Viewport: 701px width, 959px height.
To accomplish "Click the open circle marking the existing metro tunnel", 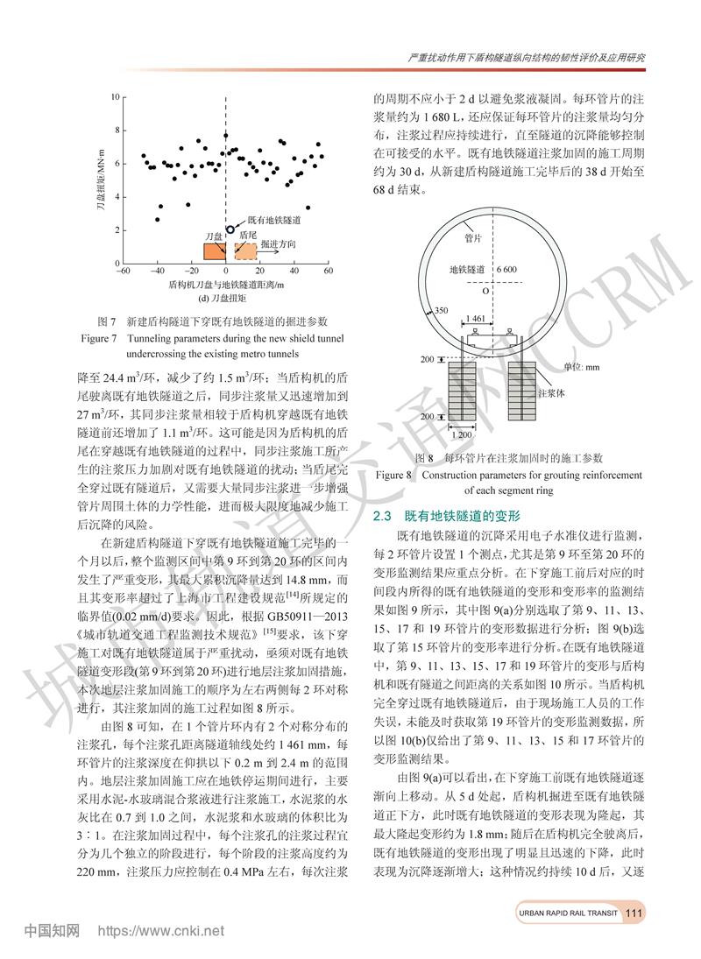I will click(x=230, y=229).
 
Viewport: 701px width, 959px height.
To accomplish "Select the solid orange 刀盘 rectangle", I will click(x=214, y=252).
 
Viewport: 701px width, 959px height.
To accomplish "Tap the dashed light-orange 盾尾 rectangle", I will click(x=245, y=252).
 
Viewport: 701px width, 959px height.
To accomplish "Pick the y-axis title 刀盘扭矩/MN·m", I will click(x=101, y=180).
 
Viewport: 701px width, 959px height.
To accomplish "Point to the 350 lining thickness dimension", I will click(x=440, y=310).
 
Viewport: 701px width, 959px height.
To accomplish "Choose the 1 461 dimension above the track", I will click(x=477, y=319).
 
